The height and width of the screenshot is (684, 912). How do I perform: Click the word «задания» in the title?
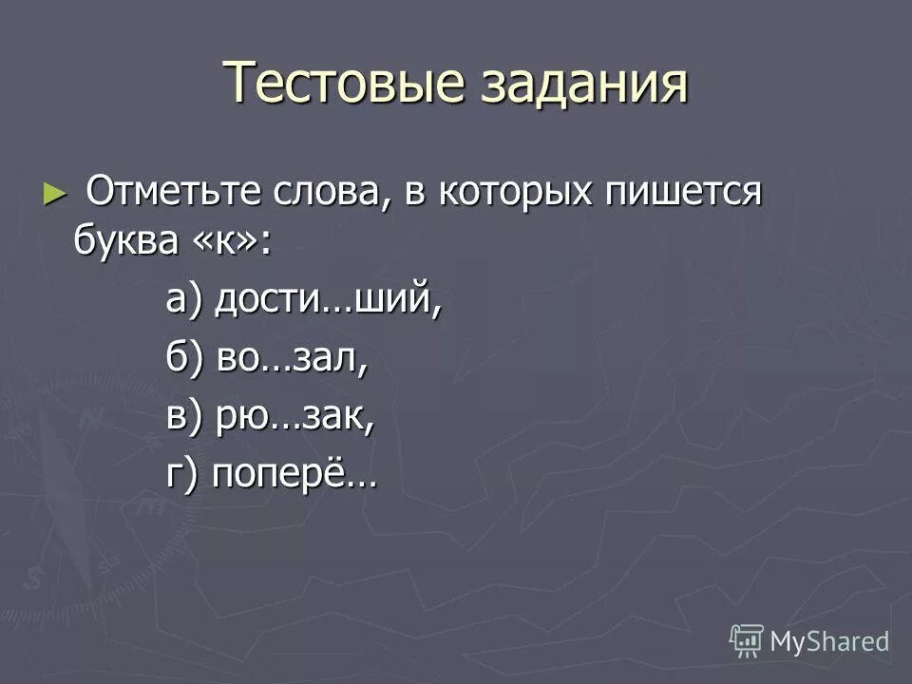(x=578, y=83)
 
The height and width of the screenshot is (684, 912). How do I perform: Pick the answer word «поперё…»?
(x=294, y=475)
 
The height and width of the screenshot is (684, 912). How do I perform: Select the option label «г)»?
(x=182, y=475)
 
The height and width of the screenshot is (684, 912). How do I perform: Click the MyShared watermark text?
(x=829, y=641)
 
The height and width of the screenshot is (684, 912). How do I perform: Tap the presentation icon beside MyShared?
(x=747, y=640)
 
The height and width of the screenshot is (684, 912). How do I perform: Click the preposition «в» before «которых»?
(x=416, y=194)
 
